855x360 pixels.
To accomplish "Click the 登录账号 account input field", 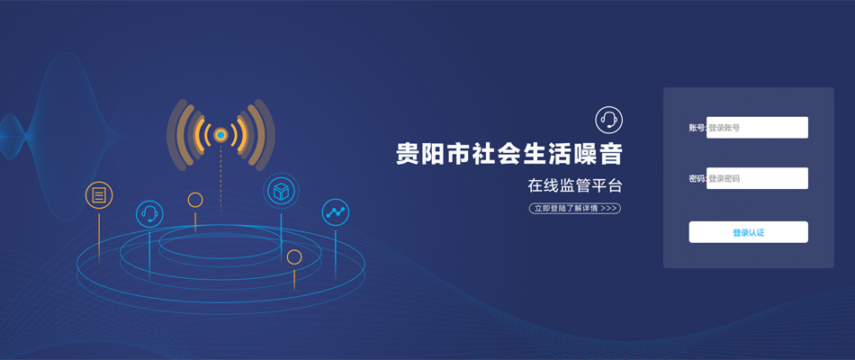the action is (x=757, y=128).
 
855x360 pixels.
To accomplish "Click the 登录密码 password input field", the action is (x=757, y=178).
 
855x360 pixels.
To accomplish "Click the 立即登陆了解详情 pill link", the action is (x=575, y=209).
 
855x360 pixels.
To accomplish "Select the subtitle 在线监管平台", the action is (x=575, y=185).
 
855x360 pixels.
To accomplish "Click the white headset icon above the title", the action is (x=608, y=120).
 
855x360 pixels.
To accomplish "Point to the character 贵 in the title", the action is (x=406, y=155).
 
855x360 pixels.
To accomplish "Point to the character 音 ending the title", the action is (x=611, y=155).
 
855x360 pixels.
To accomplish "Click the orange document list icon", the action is (x=99, y=194).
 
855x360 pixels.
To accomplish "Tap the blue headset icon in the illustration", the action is (x=149, y=214).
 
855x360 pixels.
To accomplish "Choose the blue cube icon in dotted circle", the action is (x=281, y=191).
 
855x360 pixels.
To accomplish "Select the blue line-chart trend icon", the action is (x=336, y=212).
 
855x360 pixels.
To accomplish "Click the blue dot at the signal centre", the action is (x=220, y=134).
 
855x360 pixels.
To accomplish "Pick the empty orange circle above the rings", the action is (x=195, y=200).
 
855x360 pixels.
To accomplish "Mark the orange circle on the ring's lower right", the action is (x=294, y=256).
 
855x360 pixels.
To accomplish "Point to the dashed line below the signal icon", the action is (x=220, y=180).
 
